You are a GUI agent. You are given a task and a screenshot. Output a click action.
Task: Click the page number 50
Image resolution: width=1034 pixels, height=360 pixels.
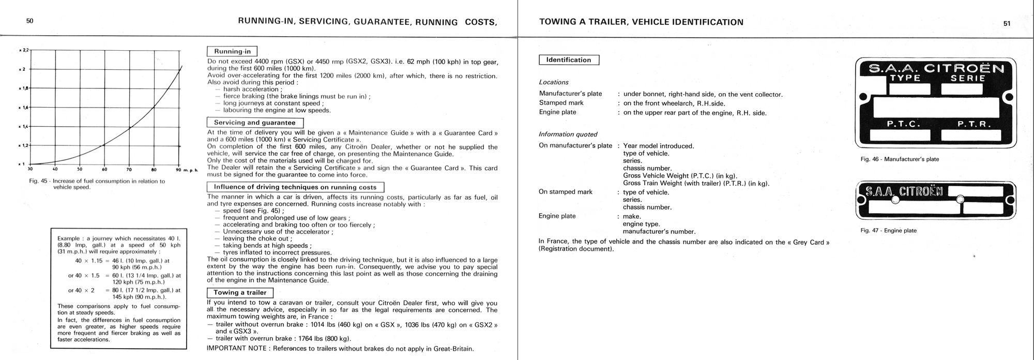[29, 21]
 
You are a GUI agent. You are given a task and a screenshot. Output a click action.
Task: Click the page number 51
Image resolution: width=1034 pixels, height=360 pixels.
[1007, 23]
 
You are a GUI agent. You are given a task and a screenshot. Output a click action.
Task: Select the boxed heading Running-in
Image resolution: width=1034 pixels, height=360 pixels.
[232, 51]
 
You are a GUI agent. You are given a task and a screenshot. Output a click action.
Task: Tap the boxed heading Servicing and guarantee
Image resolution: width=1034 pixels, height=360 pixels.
[255, 123]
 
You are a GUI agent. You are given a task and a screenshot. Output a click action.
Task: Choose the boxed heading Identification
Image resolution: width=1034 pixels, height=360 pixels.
[569, 60]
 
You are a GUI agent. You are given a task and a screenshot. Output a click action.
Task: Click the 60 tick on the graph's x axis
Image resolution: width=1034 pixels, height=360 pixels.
[104, 169]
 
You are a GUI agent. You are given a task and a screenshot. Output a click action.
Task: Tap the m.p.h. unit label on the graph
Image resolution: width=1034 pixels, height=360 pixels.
[191, 171]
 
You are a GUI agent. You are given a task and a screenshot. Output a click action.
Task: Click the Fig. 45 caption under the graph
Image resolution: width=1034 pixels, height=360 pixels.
[97, 184]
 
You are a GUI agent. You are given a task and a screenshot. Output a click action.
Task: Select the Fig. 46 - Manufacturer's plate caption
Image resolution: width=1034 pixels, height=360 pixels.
[900, 159]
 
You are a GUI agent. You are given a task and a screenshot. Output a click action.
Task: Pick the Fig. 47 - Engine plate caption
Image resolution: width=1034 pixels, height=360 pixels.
[888, 231]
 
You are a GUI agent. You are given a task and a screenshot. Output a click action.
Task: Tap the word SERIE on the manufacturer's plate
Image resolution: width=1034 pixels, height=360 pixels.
[967, 79]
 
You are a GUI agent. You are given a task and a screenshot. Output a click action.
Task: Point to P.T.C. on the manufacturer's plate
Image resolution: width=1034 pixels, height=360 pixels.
[904, 124]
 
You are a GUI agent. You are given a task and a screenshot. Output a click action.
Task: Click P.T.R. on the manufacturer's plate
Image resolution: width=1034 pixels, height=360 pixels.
[966, 124]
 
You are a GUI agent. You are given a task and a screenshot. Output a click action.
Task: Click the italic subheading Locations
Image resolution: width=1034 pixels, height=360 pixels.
[554, 82]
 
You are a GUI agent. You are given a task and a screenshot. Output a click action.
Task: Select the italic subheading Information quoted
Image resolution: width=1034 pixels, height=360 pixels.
[568, 134]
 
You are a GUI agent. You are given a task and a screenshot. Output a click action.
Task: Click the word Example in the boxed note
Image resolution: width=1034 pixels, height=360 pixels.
[68, 238]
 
